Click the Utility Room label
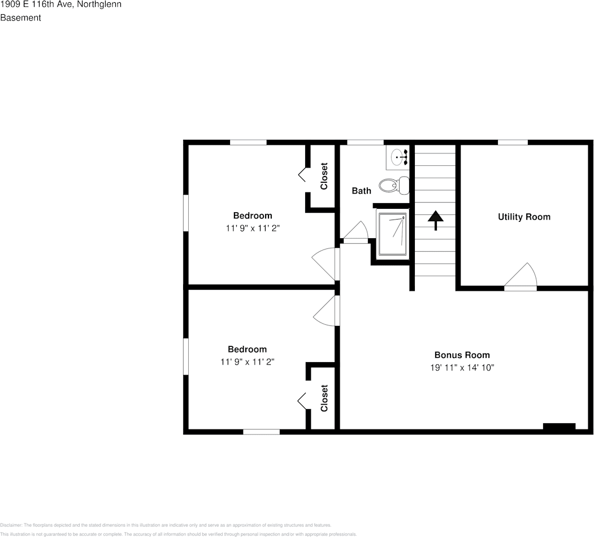[x=523, y=217]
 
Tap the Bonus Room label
[x=461, y=355]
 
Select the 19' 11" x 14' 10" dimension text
[x=461, y=368]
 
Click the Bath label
[x=361, y=191]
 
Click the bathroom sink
[x=399, y=156]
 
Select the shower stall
[x=392, y=233]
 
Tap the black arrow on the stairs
[x=435, y=220]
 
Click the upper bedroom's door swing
[x=326, y=264]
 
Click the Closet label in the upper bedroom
[x=324, y=177]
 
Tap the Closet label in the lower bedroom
[x=324, y=398]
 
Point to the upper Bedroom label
[x=253, y=216]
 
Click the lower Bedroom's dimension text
[x=247, y=362]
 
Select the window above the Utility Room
[x=513, y=142]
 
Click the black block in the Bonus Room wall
[x=559, y=427]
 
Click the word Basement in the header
[x=20, y=18]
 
